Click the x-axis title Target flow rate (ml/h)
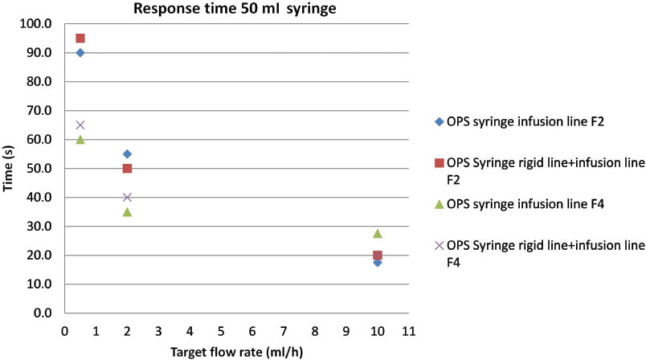click(236, 350)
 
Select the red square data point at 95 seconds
click(80, 38)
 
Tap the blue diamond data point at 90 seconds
click(80, 52)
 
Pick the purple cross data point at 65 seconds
click(80, 125)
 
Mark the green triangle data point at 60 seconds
click(80, 139)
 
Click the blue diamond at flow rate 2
click(127, 153)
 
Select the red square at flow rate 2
click(127, 168)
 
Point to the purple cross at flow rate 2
click(127, 197)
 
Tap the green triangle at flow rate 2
click(127, 211)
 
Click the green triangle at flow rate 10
click(378, 233)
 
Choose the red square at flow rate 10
click(378, 255)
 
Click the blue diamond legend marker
click(439, 121)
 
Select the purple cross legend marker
click(439, 244)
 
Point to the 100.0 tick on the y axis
click(39, 24)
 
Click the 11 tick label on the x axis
click(408, 330)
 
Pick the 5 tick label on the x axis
click(221, 330)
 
